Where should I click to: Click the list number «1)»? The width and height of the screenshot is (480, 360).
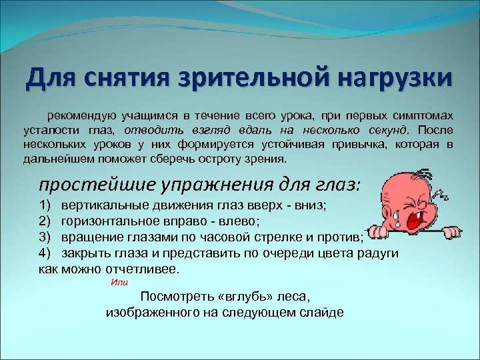pyautogui.click(x=46, y=205)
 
